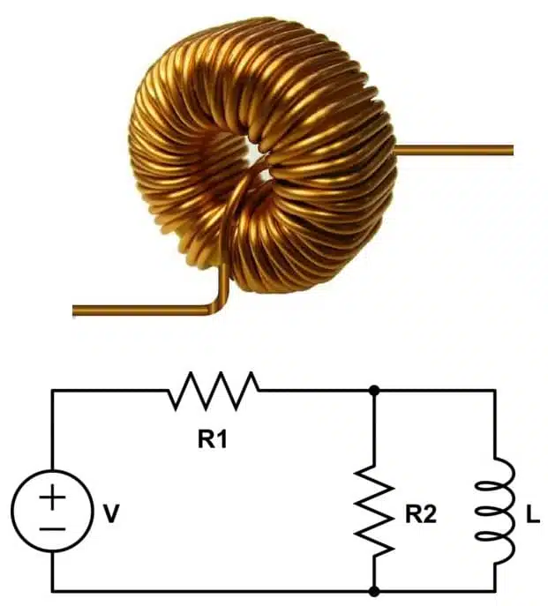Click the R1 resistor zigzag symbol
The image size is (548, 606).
tap(214, 391)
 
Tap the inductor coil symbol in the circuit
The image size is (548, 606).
tap(492, 511)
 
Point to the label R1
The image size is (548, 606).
tap(212, 438)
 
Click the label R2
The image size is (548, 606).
tap(420, 514)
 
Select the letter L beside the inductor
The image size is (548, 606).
tap(531, 514)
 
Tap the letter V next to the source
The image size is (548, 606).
tap(110, 514)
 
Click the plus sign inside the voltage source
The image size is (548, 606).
tap(52, 498)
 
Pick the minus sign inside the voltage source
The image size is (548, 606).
tap(52, 527)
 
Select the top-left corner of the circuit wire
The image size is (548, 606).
tap(52, 390)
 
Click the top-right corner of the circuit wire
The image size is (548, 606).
tap(493, 390)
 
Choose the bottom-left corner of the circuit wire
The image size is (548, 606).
tap(52, 590)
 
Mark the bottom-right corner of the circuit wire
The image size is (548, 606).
tap(493, 590)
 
